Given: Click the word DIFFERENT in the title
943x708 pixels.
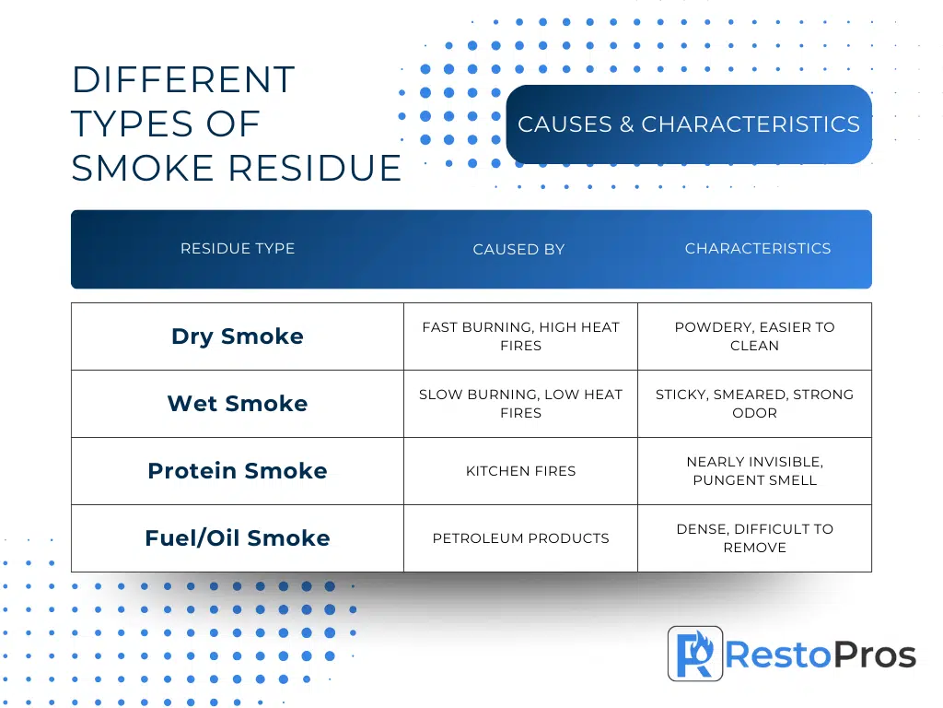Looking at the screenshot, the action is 183,79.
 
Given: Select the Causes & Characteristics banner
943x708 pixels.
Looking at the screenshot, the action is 689,124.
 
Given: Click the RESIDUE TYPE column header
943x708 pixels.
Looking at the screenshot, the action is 238,249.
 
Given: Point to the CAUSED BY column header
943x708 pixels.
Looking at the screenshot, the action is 518,249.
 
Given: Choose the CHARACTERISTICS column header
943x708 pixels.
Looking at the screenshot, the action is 758,249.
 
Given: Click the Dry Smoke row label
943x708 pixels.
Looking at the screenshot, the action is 238,336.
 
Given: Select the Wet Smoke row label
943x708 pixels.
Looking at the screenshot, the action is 238,404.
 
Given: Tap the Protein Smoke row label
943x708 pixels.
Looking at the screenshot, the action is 238,471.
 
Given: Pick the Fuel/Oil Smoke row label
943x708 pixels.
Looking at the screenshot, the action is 238,538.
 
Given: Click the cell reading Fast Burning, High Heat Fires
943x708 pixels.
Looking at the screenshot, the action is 521,336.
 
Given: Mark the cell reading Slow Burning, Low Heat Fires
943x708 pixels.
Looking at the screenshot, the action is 521,404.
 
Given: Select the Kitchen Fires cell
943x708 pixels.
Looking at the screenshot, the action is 521,471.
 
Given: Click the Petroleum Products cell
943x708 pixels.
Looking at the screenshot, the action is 521,538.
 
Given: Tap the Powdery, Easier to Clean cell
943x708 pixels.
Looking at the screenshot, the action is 755,336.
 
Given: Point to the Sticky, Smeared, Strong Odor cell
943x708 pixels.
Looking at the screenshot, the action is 755,404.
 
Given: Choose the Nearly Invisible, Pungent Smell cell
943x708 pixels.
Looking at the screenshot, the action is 755,471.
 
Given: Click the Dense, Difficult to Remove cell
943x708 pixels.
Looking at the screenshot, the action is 755,538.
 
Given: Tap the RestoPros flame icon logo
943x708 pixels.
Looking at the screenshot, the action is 695,654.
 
